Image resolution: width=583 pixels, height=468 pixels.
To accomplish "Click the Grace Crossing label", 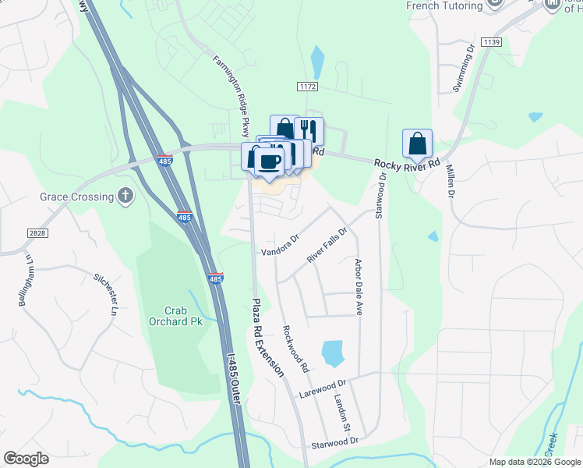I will (x=77, y=197).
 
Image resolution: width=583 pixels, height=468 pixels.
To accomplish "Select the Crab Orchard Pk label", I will (x=175, y=314).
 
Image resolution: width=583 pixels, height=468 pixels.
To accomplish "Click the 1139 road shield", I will (x=491, y=41).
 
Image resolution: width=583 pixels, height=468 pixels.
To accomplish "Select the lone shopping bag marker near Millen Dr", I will (x=417, y=144).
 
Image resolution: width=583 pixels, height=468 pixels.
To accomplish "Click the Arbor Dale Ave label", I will (x=359, y=286).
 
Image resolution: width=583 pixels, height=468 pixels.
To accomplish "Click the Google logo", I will (x=26, y=459).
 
